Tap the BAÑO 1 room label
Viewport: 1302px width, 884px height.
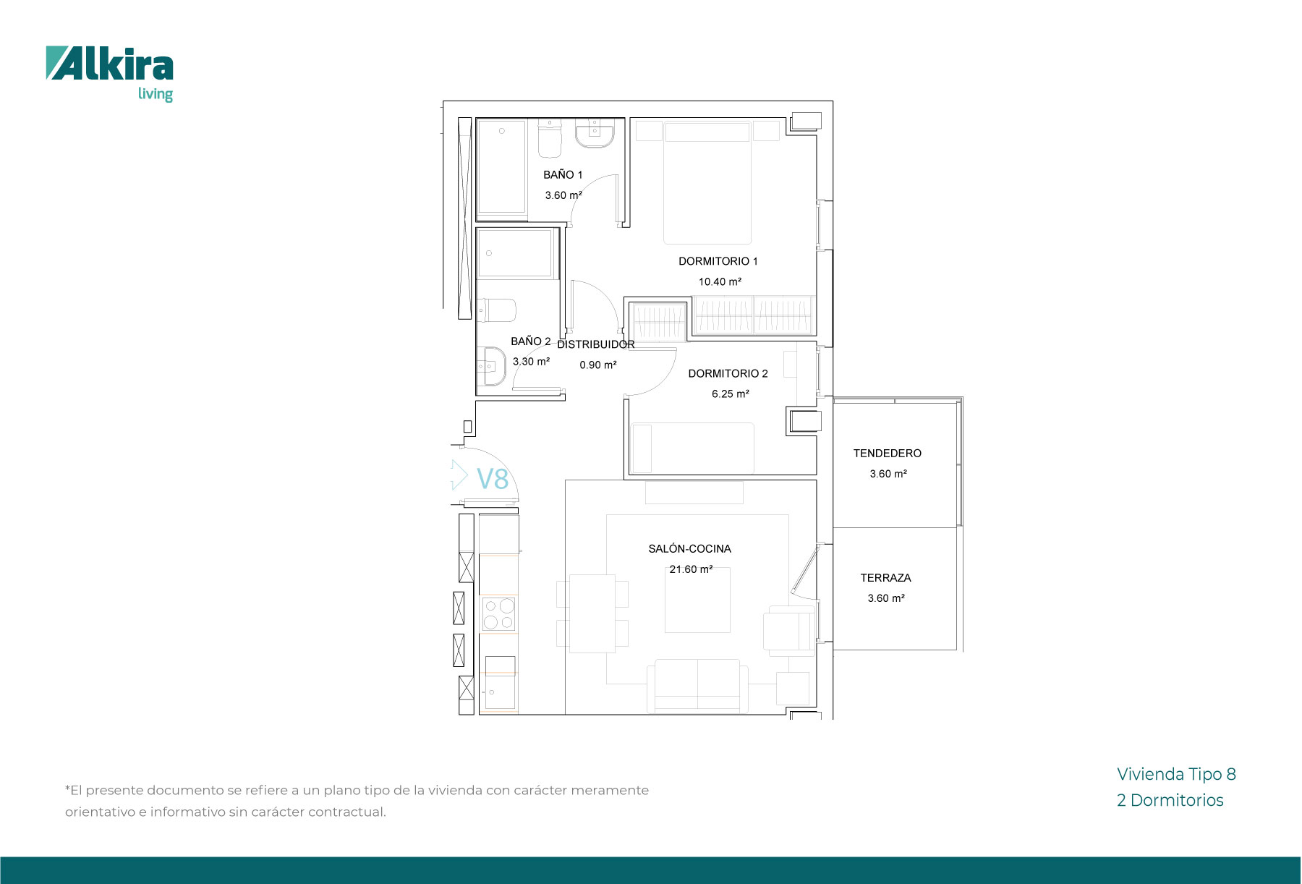pos(563,174)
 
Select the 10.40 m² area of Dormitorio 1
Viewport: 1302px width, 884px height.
pos(720,281)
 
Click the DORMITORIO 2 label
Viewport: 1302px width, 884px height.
pos(728,373)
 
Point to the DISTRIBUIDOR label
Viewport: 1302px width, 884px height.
pos(596,344)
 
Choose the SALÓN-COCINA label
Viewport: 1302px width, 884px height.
pos(689,548)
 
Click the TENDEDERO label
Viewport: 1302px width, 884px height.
pos(887,453)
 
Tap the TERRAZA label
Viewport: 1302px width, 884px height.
pos(885,577)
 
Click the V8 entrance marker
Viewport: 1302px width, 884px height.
pos(493,479)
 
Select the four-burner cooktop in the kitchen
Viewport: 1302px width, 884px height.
pos(498,614)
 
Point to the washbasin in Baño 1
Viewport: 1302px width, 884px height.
pos(595,135)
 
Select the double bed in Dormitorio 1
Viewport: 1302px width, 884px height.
pos(707,182)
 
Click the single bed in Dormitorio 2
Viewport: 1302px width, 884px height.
pos(692,449)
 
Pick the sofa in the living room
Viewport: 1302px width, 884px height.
pos(697,686)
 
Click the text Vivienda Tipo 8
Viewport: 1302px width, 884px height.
pos(1176,774)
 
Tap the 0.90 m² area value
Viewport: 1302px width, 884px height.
pos(598,365)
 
